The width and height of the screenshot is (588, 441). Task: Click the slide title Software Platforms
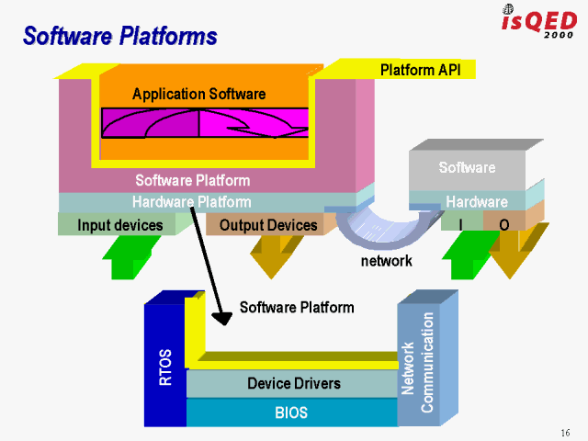119,37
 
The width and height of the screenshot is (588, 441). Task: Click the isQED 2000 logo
538,21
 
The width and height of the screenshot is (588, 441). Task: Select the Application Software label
198,94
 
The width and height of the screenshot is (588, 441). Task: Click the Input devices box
119,225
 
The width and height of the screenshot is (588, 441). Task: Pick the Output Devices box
267,225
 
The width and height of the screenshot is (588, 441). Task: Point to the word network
386,261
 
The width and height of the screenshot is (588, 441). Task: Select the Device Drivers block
293,383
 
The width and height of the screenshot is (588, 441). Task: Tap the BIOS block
291,413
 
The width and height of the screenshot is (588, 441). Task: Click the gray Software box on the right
467,168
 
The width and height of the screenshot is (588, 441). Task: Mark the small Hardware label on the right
477,202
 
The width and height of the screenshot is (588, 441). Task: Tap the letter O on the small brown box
503,224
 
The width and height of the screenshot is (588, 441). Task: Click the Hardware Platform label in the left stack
191,202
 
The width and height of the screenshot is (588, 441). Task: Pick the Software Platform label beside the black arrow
296,307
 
